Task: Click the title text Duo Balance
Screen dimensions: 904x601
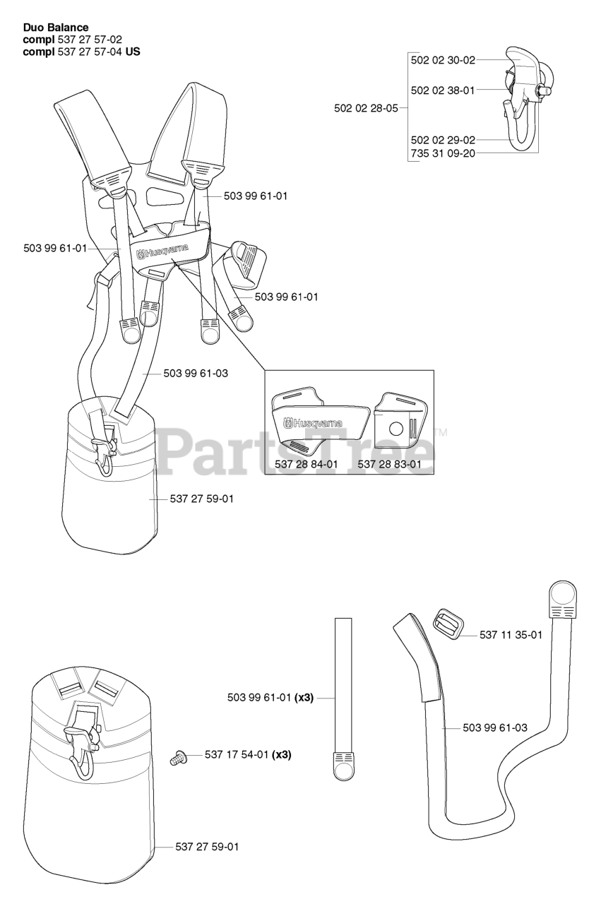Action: tap(56, 28)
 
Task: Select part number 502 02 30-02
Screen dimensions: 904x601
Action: tap(443, 61)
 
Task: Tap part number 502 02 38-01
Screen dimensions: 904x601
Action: tap(443, 90)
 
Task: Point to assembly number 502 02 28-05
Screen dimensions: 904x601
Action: tap(366, 108)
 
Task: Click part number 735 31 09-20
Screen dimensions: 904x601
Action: tap(443, 153)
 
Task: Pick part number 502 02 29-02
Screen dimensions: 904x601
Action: tap(443, 140)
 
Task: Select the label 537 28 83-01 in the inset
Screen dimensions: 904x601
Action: tap(389, 464)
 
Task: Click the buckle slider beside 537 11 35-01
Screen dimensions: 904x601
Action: tap(446, 624)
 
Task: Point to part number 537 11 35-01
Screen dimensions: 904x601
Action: tap(511, 635)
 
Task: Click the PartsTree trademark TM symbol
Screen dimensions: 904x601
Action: tap(441, 432)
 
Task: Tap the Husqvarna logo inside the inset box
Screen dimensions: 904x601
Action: tap(313, 424)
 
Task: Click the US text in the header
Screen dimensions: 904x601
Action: tap(132, 52)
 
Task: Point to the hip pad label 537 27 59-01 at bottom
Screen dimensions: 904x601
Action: tap(207, 846)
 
